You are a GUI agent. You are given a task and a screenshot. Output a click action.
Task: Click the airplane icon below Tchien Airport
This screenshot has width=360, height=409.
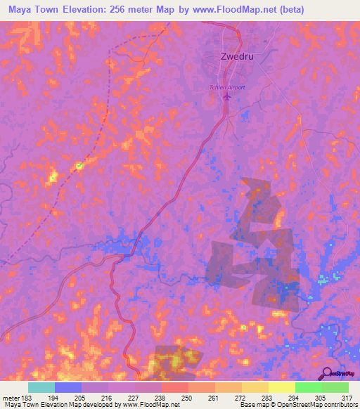tap(226, 97)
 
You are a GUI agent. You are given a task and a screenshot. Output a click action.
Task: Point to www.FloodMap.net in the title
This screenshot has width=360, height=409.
tap(253, 10)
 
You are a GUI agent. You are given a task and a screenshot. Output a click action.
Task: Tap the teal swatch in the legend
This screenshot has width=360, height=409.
tap(41, 387)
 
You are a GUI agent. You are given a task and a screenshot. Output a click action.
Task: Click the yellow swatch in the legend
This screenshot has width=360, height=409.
tap(282, 387)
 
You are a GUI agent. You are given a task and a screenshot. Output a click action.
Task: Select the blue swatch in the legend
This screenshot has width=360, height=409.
tap(68, 387)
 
